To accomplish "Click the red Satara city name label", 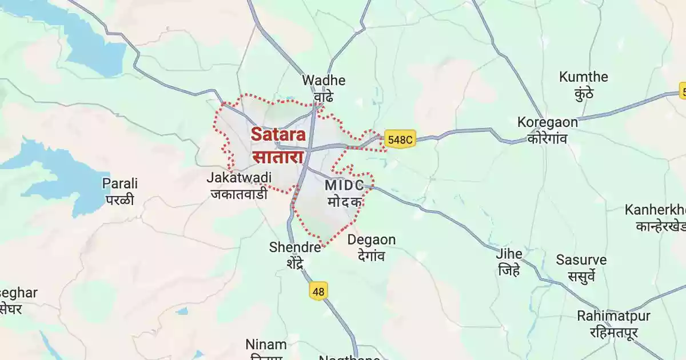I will click(x=278, y=134).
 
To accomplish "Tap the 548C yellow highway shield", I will click(x=399, y=139).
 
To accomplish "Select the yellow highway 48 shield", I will click(x=318, y=291).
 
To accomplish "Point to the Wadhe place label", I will click(x=324, y=81).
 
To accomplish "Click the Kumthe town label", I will click(x=584, y=77).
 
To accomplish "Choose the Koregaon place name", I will click(x=548, y=122).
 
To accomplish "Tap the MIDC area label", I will click(x=344, y=186).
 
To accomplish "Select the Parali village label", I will click(x=120, y=184).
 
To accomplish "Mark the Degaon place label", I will click(x=372, y=240).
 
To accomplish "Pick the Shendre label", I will click(x=295, y=247).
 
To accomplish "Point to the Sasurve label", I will click(x=581, y=260).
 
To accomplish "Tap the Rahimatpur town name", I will click(x=613, y=316).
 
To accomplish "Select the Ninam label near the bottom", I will click(x=266, y=345).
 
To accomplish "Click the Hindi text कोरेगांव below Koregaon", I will click(x=547, y=138).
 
